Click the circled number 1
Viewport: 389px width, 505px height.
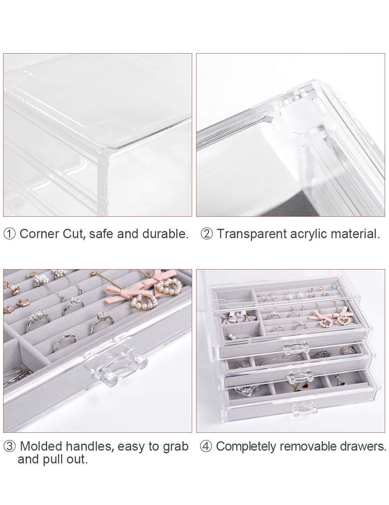tap(10, 234)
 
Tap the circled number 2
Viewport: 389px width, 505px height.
tap(207, 234)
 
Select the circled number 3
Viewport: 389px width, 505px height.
tap(10, 446)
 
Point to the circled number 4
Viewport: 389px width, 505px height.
tap(206, 446)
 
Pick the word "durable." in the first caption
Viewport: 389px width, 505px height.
tap(165, 234)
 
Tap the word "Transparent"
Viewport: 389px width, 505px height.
tap(251, 234)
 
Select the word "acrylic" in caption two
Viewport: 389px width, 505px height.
tap(308, 234)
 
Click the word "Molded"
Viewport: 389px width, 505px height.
tap(41, 446)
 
